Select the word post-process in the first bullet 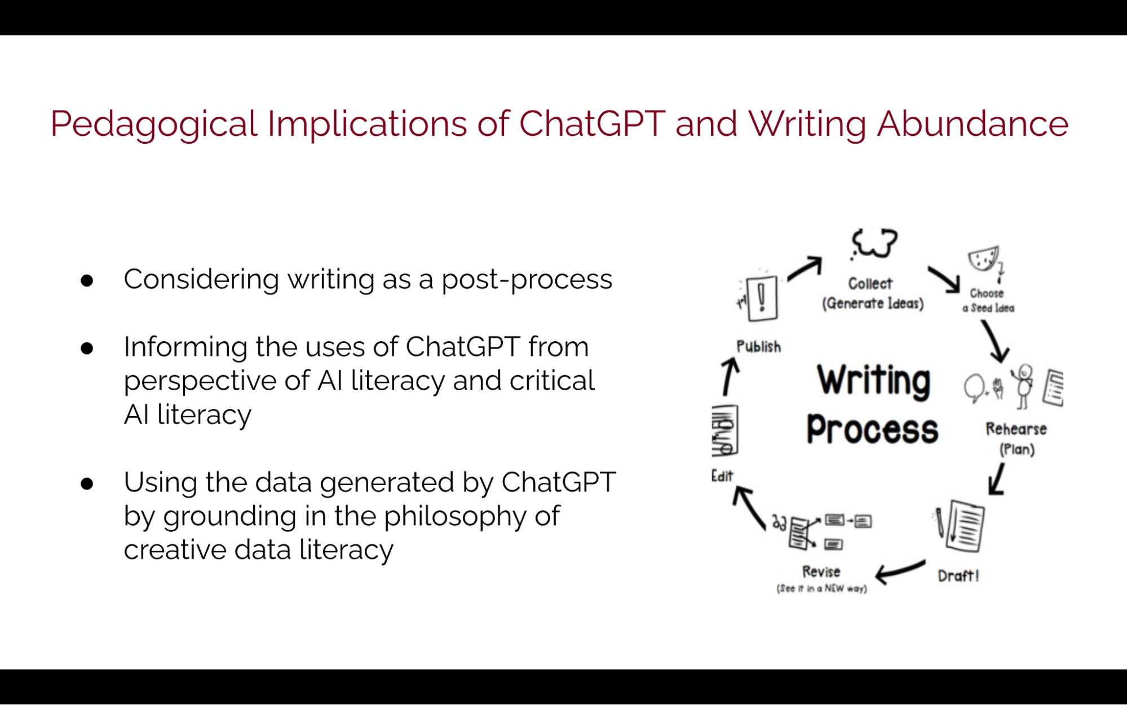pos(527,280)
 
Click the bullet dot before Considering pos(87,280)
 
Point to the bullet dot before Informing pos(87,348)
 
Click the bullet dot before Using pos(87,483)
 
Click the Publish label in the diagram pos(759,347)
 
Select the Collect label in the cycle pos(870,284)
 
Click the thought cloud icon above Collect pos(874,244)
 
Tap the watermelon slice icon pos(984,258)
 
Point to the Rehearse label pos(1016,429)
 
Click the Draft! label pos(958,576)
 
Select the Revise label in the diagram pos(821,572)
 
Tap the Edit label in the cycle pos(722,476)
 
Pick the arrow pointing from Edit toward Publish pos(730,377)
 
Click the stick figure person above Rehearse pos(1023,386)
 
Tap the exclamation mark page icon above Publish pos(762,298)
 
